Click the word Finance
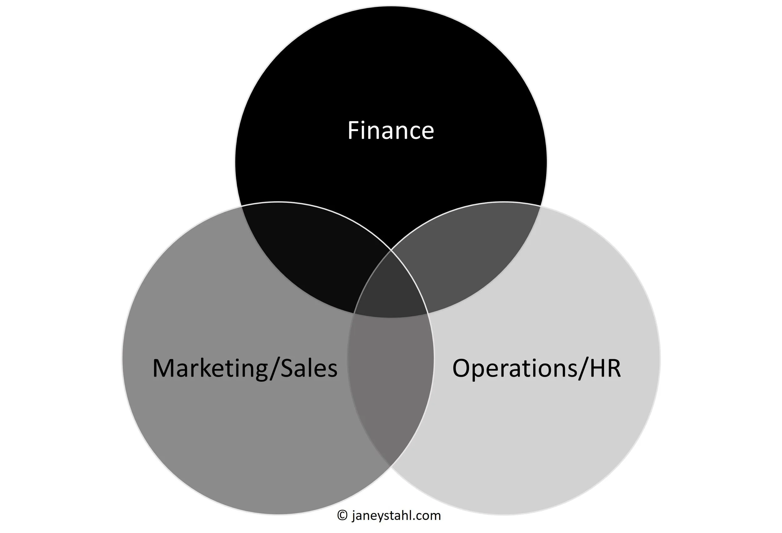[x=391, y=131]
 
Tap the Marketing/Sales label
[x=245, y=368]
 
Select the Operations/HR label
[x=536, y=368]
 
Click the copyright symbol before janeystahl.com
[x=342, y=515]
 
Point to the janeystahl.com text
[x=396, y=515]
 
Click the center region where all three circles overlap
[x=391, y=290]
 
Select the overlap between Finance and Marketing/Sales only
[x=313, y=256]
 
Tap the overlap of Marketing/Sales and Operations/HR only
[x=391, y=381]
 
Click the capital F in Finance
[x=353, y=131]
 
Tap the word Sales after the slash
[x=308, y=368]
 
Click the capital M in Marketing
[x=165, y=368]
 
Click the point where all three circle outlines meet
[x=391, y=250]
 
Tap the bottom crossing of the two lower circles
[x=391, y=466]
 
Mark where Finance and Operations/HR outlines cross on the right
[x=541, y=206]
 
